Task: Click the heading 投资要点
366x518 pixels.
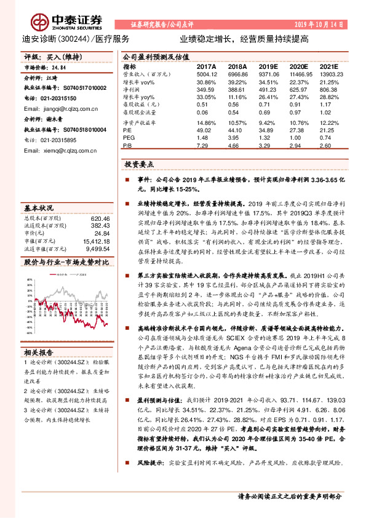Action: point(138,165)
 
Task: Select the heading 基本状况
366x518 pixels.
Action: point(39,207)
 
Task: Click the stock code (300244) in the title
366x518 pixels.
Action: point(74,38)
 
